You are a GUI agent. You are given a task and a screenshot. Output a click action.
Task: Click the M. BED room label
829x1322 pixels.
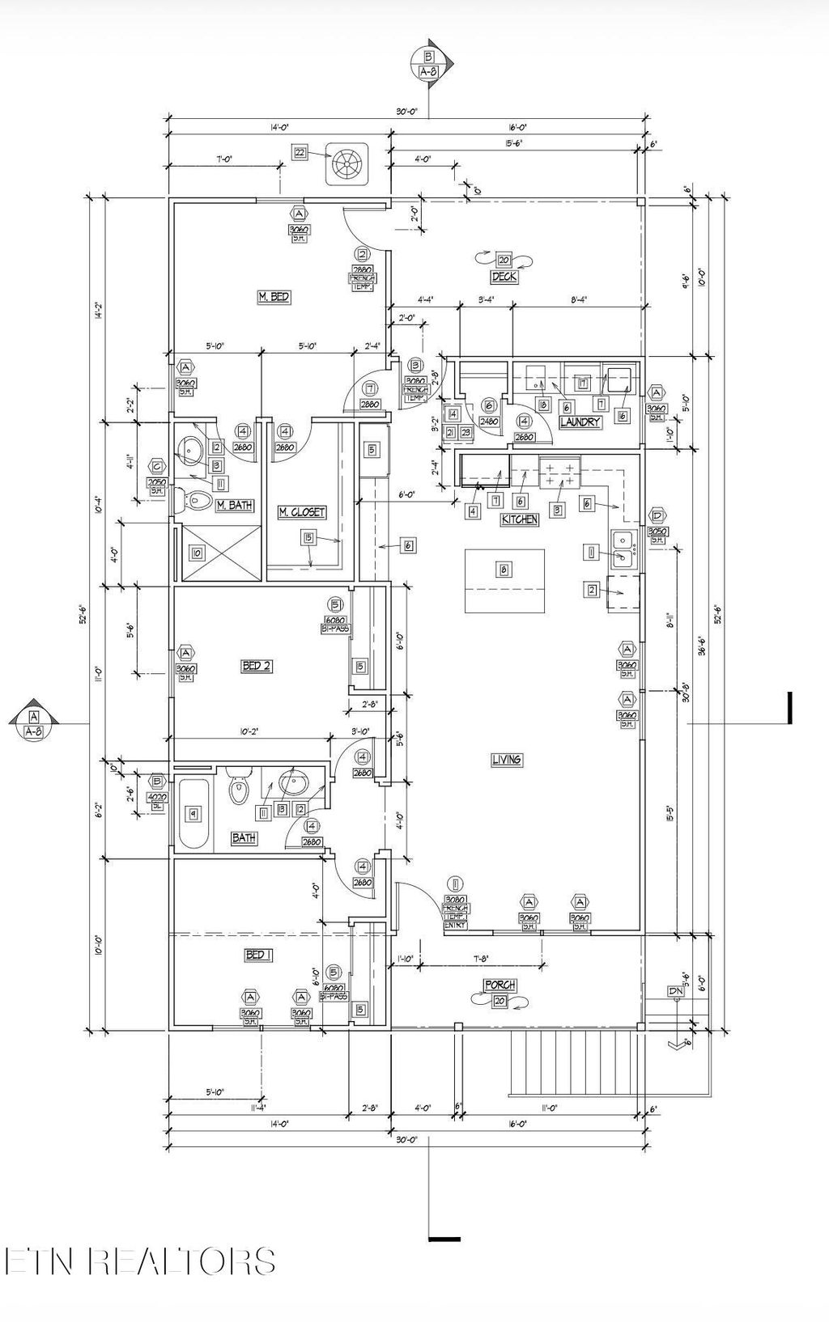tap(274, 298)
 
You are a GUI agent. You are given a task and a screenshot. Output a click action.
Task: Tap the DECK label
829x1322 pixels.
tap(504, 277)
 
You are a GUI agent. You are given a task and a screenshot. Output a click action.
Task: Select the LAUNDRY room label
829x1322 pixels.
tap(580, 422)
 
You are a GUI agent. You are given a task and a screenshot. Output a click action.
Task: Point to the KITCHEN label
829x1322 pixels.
tap(520, 519)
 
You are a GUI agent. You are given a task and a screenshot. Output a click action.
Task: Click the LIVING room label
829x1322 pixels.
tap(507, 760)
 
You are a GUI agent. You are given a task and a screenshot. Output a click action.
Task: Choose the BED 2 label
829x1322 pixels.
tap(257, 666)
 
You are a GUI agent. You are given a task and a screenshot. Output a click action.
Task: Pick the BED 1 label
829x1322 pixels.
tap(258, 955)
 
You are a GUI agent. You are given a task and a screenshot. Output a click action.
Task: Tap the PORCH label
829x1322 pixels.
tap(500, 985)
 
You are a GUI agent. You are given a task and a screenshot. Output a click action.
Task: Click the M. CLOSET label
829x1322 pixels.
tap(302, 512)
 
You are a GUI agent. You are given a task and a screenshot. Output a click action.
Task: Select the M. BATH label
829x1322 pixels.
tap(234, 506)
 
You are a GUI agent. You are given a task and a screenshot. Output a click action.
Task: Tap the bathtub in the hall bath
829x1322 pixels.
tap(194, 813)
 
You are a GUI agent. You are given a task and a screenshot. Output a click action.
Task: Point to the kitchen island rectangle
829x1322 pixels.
tap(504, 582)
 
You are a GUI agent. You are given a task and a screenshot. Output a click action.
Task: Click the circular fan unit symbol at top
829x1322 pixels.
tap(347, 164)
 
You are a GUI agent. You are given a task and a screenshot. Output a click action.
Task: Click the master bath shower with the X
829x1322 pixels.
tap(222, 553)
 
